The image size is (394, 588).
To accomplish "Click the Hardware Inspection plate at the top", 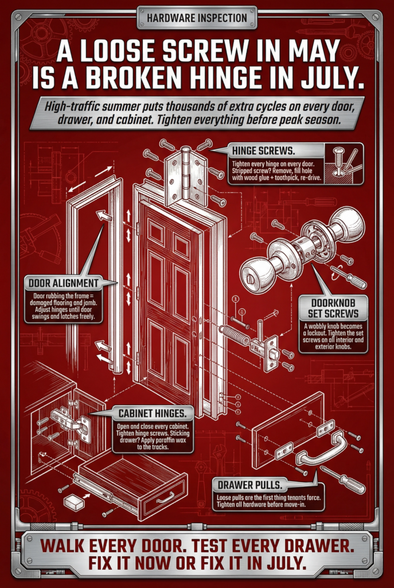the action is click(x=197, y=18).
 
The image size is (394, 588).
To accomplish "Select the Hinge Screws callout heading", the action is click(x=263, y=151).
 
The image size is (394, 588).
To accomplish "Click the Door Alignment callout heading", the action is click(x=63, y=283).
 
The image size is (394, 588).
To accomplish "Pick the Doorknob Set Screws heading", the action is click(x=333, y=308).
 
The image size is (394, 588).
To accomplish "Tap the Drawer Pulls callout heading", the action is click(x=249, y=485).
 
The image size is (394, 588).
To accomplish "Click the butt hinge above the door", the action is click(x=186, y=176).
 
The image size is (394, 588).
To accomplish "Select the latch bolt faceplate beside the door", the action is click(x=271, y=353).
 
